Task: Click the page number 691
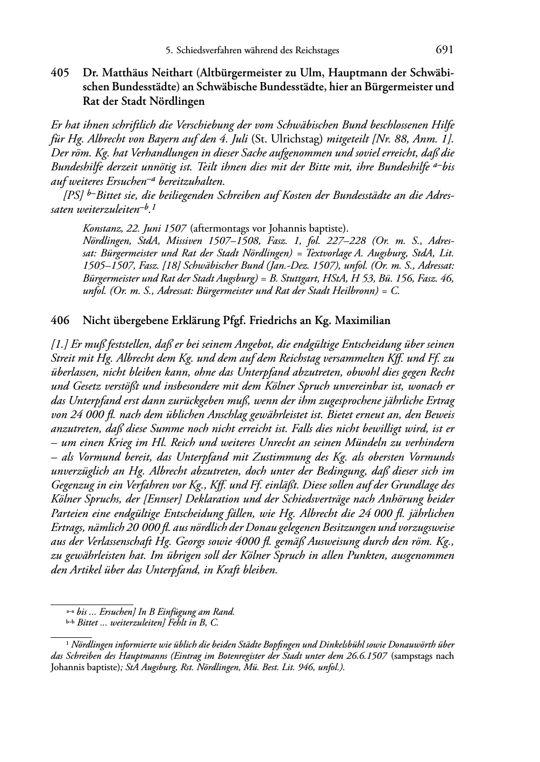tap(444, 50)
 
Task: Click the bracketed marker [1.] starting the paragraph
tap(60, 344)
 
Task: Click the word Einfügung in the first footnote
tap(171, 612)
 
